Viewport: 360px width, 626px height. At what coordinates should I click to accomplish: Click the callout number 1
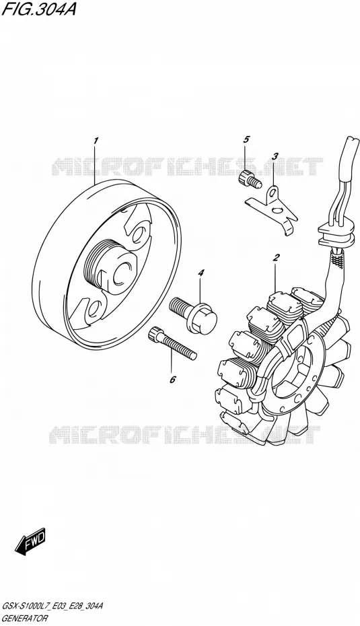96,141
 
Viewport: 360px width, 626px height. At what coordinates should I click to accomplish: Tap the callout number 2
276,257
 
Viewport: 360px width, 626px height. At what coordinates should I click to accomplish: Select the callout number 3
275,156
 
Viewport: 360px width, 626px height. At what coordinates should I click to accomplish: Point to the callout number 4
201,273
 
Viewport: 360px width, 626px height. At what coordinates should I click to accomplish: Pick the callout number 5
246,139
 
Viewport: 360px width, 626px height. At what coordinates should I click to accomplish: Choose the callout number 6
172,379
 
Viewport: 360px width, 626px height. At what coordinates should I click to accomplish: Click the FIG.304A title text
38,9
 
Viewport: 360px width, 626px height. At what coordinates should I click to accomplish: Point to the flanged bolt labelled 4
193,316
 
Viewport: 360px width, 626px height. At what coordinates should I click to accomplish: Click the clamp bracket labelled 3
271,211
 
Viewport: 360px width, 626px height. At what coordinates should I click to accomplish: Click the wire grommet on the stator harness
336,236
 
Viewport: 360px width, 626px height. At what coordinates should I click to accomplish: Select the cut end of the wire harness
352,143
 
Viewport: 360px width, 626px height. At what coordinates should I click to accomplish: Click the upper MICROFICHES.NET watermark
188,166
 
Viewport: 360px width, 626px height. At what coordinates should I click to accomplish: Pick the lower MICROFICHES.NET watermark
184,434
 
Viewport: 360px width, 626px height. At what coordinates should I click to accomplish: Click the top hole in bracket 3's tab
273,194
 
